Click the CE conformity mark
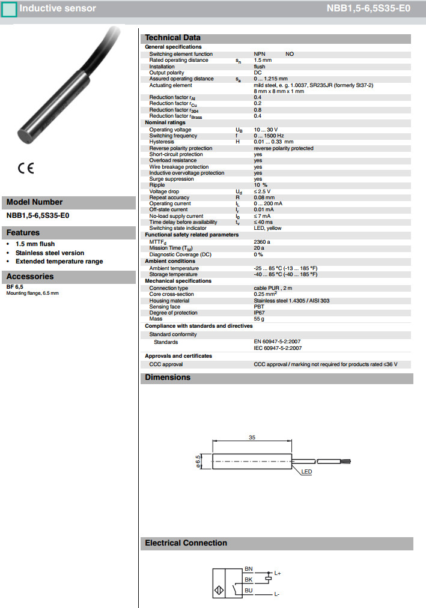coord(26,169)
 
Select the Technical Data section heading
coord(173,38)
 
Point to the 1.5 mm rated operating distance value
coord(263,60)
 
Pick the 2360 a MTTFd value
coord(262,241)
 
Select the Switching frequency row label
coord(174,136)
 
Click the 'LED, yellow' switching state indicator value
coord(267,228)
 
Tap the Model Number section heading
coord(34,202)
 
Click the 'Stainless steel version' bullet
coord(50,253)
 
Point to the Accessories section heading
coord(30,277)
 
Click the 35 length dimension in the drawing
coord(252,438)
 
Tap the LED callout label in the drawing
coord(306,472)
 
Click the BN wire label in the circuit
coord(249,568)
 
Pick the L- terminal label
coord(276,594)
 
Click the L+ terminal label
coord(278,574)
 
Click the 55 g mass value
coord(259,319)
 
